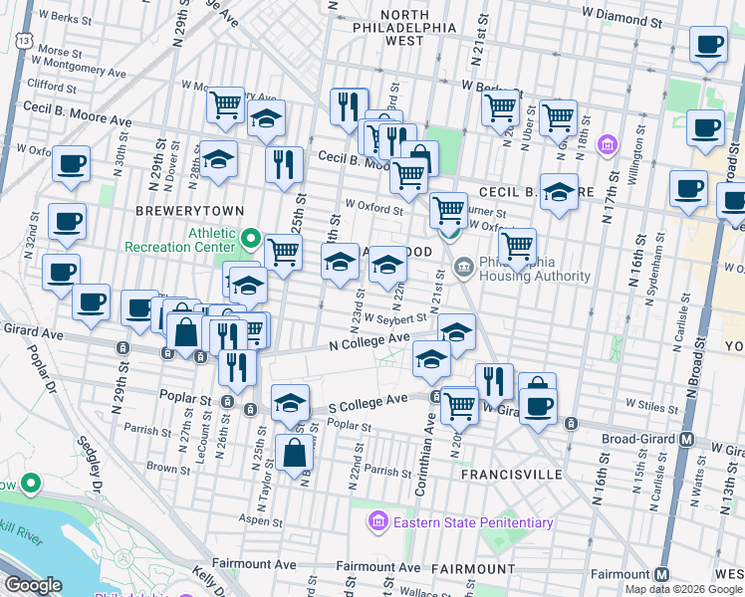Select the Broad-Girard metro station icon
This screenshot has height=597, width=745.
click(686, 439)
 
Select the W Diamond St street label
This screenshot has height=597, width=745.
click(622, 19)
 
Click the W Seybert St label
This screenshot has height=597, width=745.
click(395, 318)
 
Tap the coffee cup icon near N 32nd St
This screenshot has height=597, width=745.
click(67, 222)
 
